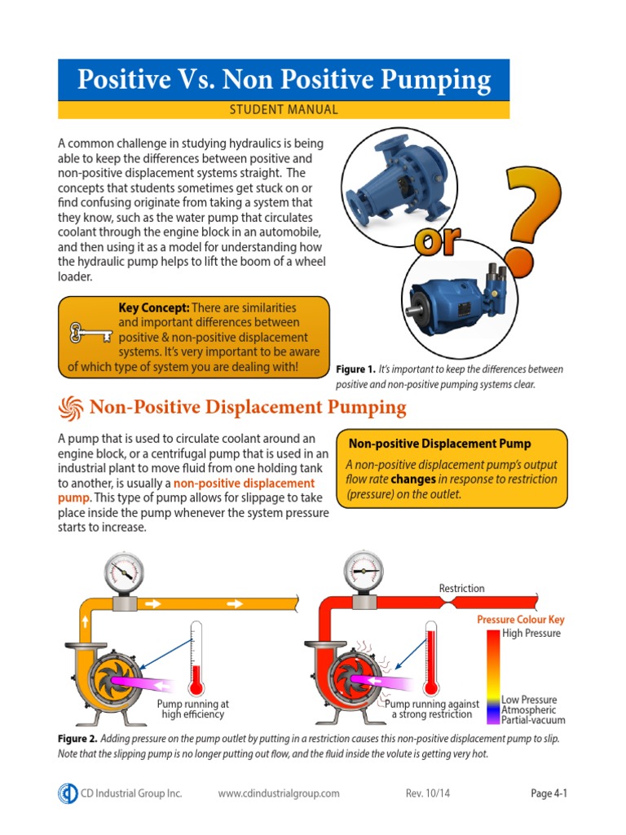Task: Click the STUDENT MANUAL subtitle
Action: (x=284, y=109)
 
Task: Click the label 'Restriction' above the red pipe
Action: (x=461, y=588)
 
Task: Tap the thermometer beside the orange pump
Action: (x=196, y=656)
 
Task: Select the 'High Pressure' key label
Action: (x=531, y=634)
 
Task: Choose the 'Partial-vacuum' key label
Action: (x=533, y=720)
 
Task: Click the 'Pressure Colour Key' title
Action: (x=519, y=620)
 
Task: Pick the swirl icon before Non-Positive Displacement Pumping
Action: (x=71, y=406)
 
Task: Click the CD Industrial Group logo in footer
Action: (x=68, y=793)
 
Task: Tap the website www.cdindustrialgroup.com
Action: (x=279, y=793)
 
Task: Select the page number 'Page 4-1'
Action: (x=549, y=793)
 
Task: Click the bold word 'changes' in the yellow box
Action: (x=413, y=479)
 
